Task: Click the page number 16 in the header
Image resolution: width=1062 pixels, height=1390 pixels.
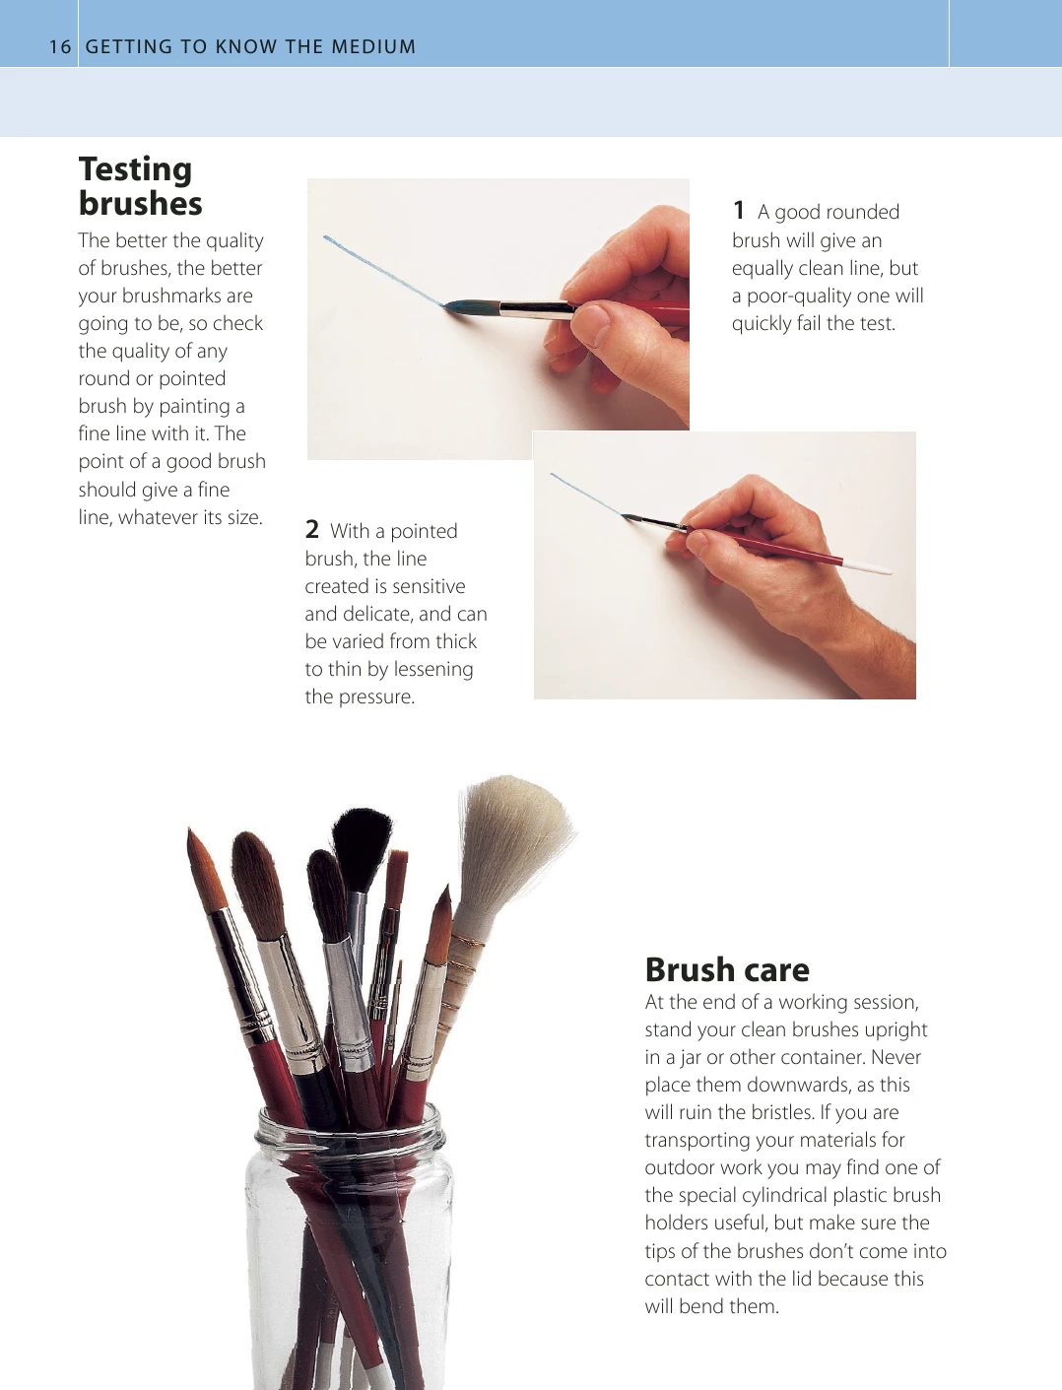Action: pyautogui.click(x=60, y=47)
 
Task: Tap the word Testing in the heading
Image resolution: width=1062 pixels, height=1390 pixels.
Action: pyautogui.click(x=136, y=170)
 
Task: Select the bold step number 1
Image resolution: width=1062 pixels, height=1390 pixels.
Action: pyautogui.click(x=739, y=211)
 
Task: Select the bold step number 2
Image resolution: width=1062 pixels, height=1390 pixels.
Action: pyautogui.click(x=311, y=529)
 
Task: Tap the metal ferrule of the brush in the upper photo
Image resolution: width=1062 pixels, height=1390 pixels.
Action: pyautogui.click(x=538, y=308)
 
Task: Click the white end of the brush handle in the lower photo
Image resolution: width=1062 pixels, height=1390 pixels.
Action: pyautogui.click(x=868, y=566)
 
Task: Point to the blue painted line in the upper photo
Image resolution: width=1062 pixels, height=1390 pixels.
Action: pyautogui.click(x=383, y=270)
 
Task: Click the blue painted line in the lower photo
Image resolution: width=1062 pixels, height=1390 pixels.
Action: pyautogui.click(x=587, y=496)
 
